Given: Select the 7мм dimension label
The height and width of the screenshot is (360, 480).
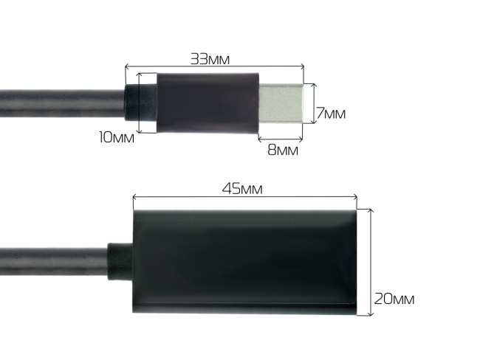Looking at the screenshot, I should click(x=331, y=114).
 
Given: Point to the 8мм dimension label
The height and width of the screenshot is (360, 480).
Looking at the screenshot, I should click(x=282, y=150).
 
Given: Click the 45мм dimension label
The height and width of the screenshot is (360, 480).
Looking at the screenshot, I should click(x=242, y=188).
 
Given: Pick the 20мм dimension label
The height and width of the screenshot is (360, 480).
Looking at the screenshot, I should click(x=394, y=299).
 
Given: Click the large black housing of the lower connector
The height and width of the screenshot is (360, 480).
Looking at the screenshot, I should click(x=244, y=261).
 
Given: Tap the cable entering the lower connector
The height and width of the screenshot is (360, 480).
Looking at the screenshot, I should click(x=52, y=262).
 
